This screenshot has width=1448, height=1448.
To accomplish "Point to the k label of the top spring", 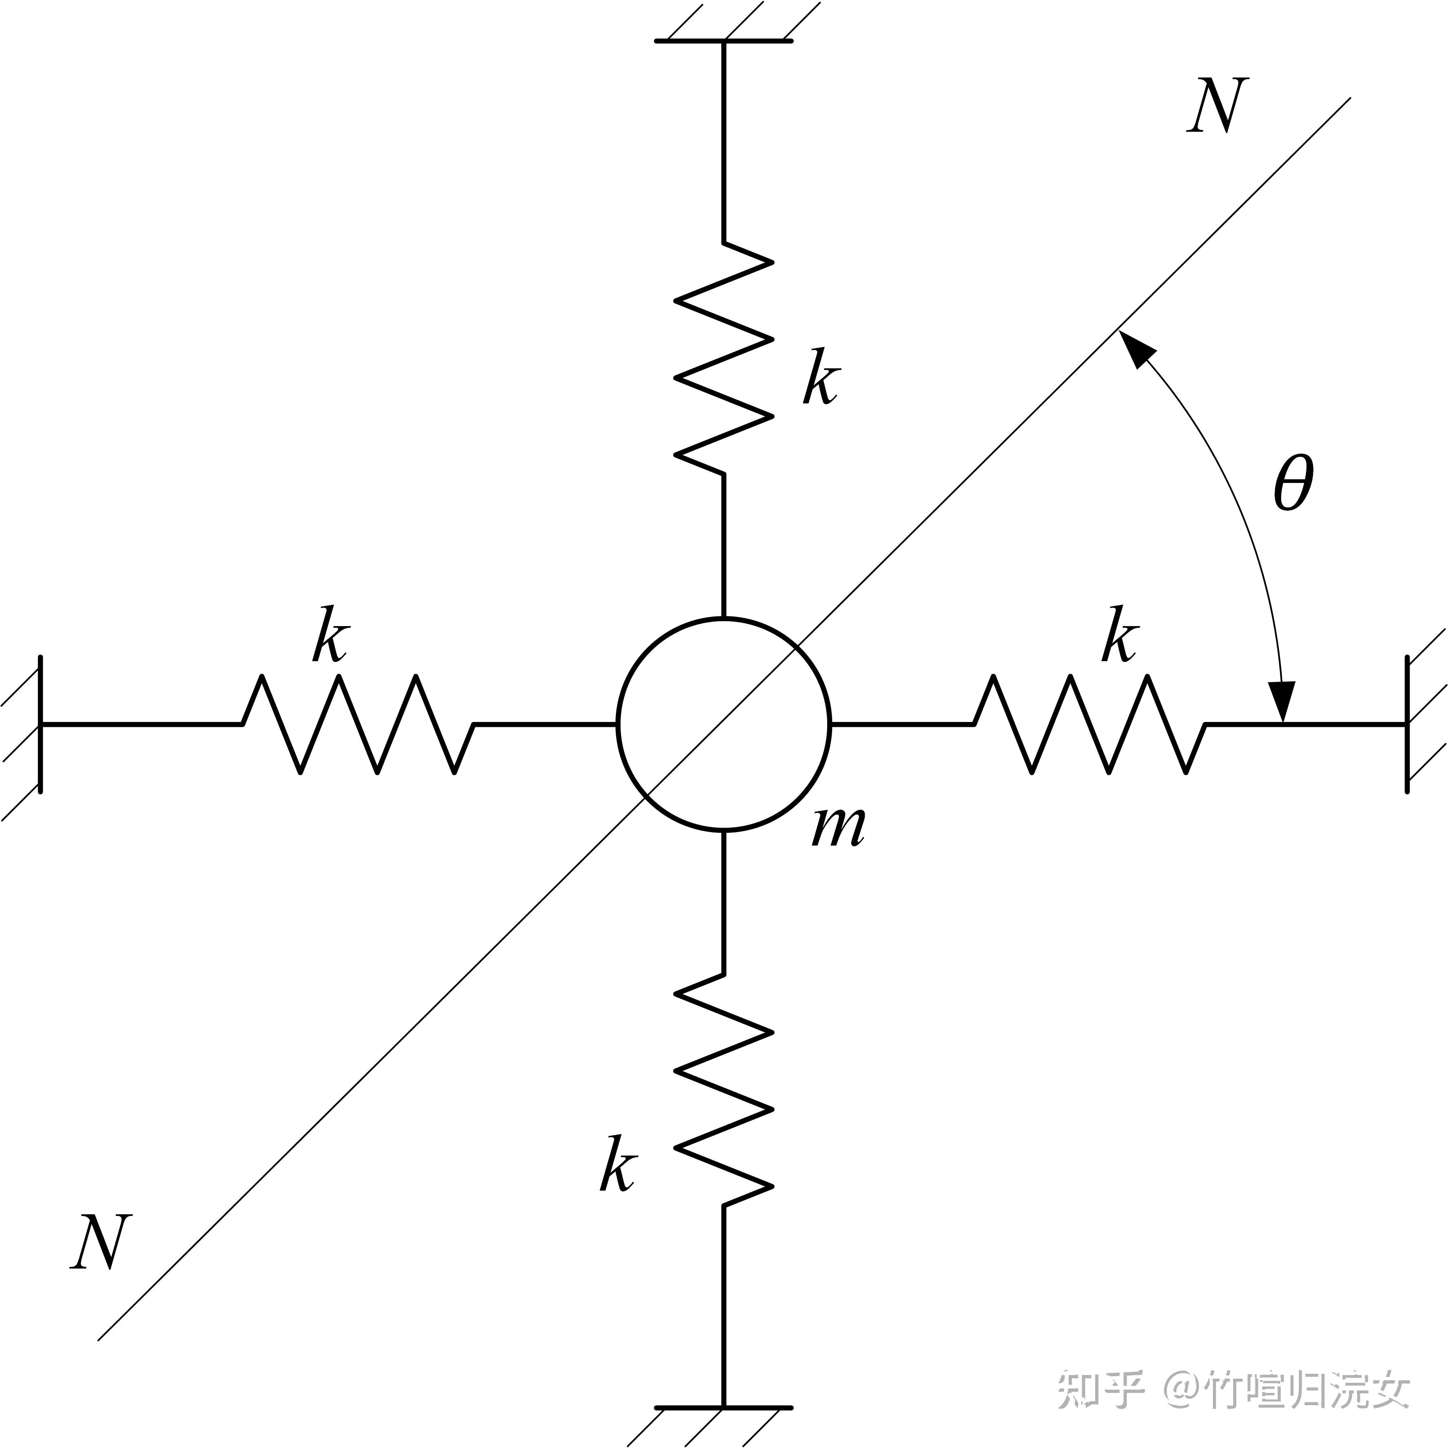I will [x=821, y=377].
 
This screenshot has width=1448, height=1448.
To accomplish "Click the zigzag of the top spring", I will [x=724, y=358].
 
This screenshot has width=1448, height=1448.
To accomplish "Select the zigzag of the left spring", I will [x=358, y=724].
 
